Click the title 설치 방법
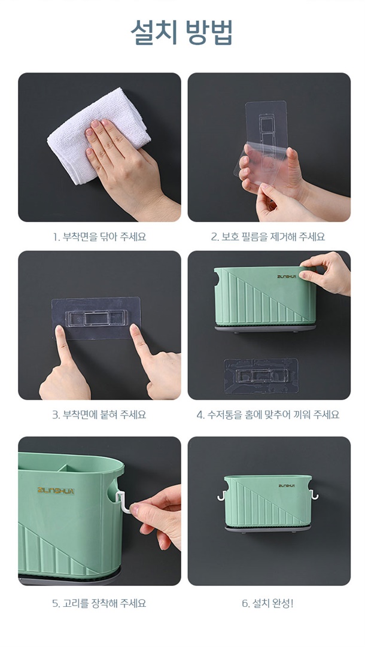pyautogui.click(x=182, y=32)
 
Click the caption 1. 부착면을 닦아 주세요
pyautogui.click(x=99, y=237)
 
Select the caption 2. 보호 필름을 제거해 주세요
pyautogui.click(x=268, y=237)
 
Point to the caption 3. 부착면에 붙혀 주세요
pyautogui.click(x=99, y=415)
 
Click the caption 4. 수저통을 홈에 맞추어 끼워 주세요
pyautogui.click(x=268, y=415)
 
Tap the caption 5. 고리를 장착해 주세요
pyautogui.click(x=99, y=604)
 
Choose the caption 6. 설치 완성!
pyautogui.click(x=268, y=604)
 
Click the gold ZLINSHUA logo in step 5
pyautogui.click(x=56, y=491)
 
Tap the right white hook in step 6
pyautogui.click(x=314, y=495)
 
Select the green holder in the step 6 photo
pyautogui.click(x=268, y=501)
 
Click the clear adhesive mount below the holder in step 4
pyautogui.click(x=261, y=375)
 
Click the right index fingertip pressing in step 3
pyautogui.click(x=135, y=329)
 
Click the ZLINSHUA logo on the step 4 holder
pyautogui.click(x=286, y=277)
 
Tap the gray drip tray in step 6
pyautogui.click(x=267, y=528)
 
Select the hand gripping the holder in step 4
pyautogui.click(x=326, y=272)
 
